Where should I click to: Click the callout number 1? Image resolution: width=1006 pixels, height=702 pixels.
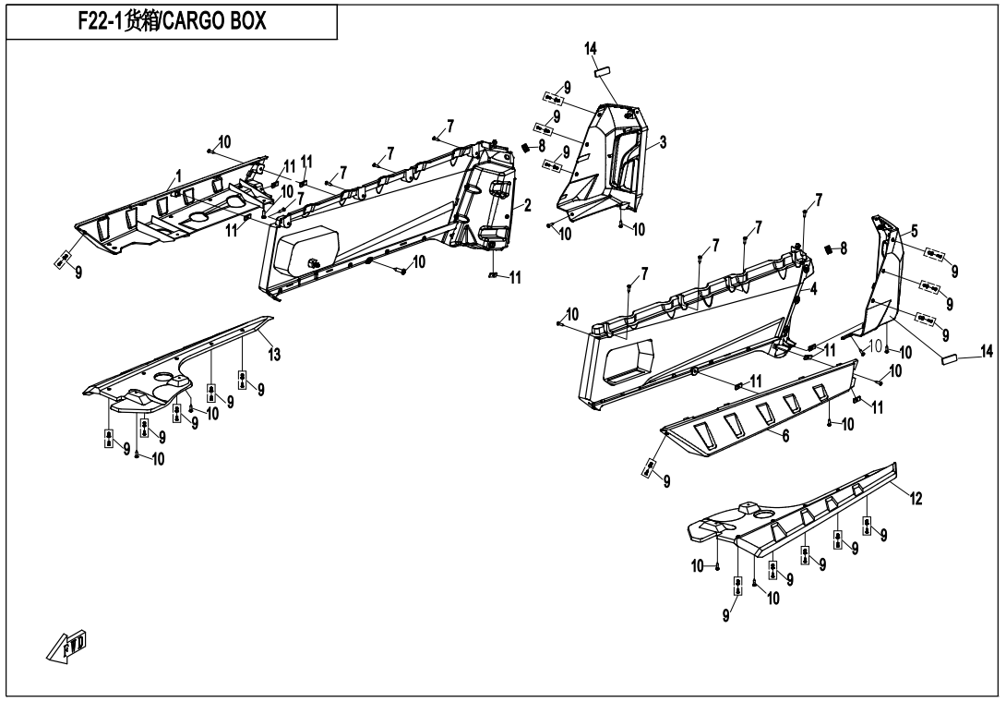(178, 174)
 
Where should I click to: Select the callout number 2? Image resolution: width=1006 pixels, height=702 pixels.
(528, 204)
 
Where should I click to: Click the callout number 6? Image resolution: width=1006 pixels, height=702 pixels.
(786, 433)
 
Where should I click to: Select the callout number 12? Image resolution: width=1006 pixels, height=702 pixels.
(916, 499)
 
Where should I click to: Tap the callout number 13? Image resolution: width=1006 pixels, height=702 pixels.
(273, 356)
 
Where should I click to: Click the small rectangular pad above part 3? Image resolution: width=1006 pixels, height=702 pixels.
(603, 69)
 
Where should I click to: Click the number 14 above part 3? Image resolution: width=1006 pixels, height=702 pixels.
(590, 47)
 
